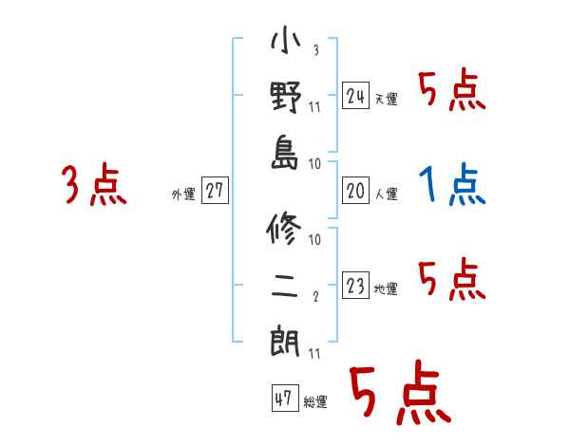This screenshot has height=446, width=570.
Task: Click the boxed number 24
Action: pyautogui.click(x=356, y=96)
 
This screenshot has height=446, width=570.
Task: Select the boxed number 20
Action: pyautogui.click(x=356, y=191)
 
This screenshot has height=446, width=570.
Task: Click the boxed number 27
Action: pyautogui.click(x=215, y=191)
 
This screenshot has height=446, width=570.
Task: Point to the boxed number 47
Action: pyautogui.click(x=283, y=399)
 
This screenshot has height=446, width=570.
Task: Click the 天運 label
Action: pyautogui.click(x=386, y=99)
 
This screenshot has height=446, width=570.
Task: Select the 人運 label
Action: pyautogui.click(x=386, y=194)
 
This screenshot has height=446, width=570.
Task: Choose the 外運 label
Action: pyautogui.click(x=182, y=194)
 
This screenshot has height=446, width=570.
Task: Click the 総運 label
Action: pyautogui.click(x=315, y=401)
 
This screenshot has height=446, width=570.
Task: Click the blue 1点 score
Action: pyautogui.click(x=452, y=185)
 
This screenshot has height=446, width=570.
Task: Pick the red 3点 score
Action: pyautogui.click(x=93, y=185)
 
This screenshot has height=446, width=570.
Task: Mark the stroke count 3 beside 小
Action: pyautogui.click(x=314, y=50)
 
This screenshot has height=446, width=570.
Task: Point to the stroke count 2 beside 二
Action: pyautogui.click(x=314, y=295)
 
